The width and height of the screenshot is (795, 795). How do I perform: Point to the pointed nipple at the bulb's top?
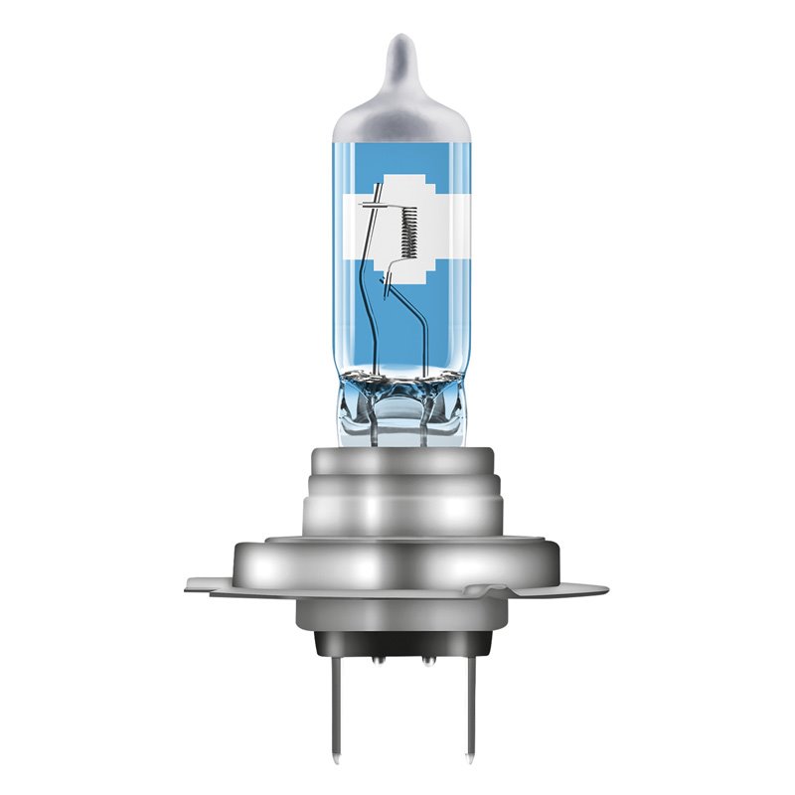(x=397, y=45)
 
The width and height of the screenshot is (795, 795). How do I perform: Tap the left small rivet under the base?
(x=378, y=659)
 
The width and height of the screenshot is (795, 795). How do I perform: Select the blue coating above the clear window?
(x=397, y=149)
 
